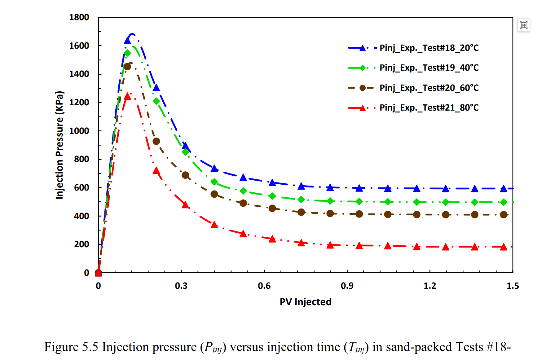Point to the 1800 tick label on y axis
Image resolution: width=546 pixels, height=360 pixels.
point(79,17)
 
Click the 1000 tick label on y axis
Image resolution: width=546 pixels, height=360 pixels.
point(79,131)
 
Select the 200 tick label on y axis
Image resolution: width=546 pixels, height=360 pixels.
point(81,244)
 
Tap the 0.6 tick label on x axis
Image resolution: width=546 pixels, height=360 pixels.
point(264,286)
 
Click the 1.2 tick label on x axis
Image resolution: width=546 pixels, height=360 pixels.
point(430,286)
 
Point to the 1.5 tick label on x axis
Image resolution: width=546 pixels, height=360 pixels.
point(513,286)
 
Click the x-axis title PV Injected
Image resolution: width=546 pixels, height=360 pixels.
point(306,302)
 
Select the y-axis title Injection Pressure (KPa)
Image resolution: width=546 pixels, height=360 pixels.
point(59,145)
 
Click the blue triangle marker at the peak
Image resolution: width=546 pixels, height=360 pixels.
point(127,41)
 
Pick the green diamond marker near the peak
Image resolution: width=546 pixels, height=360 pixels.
point(127,53)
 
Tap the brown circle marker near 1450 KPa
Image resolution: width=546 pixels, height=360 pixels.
point(127,67)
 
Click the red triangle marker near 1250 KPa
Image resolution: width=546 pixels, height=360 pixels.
point(127,96)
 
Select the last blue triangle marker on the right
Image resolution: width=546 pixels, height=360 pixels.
point(504,189)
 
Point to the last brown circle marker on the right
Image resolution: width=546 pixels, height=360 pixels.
point(504,215)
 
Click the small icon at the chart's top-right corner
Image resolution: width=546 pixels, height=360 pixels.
point(524,25)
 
